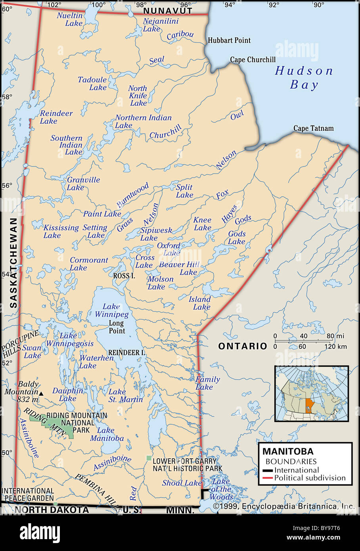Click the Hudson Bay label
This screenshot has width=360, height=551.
pos(304,78)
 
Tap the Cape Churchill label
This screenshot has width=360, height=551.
pos(253,60)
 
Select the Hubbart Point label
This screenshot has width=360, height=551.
pos(229,40)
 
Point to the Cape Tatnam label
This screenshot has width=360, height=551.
pos(313,128)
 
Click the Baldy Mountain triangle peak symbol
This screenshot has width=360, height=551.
pos(41,393)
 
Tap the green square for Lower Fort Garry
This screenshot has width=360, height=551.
pos(149,458)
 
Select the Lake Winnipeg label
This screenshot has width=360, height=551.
pos(111,310)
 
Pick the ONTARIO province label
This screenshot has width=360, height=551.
pos(243,346)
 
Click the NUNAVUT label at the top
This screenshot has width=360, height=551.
pos(168,11)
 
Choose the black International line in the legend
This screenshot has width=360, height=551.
pos(268,471)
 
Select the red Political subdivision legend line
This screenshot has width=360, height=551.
pos(268,478)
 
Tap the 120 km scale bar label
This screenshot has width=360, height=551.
pos(337,346)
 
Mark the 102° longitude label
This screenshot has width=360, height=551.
pos(54,5)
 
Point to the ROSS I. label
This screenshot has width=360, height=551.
pos(124,275)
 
